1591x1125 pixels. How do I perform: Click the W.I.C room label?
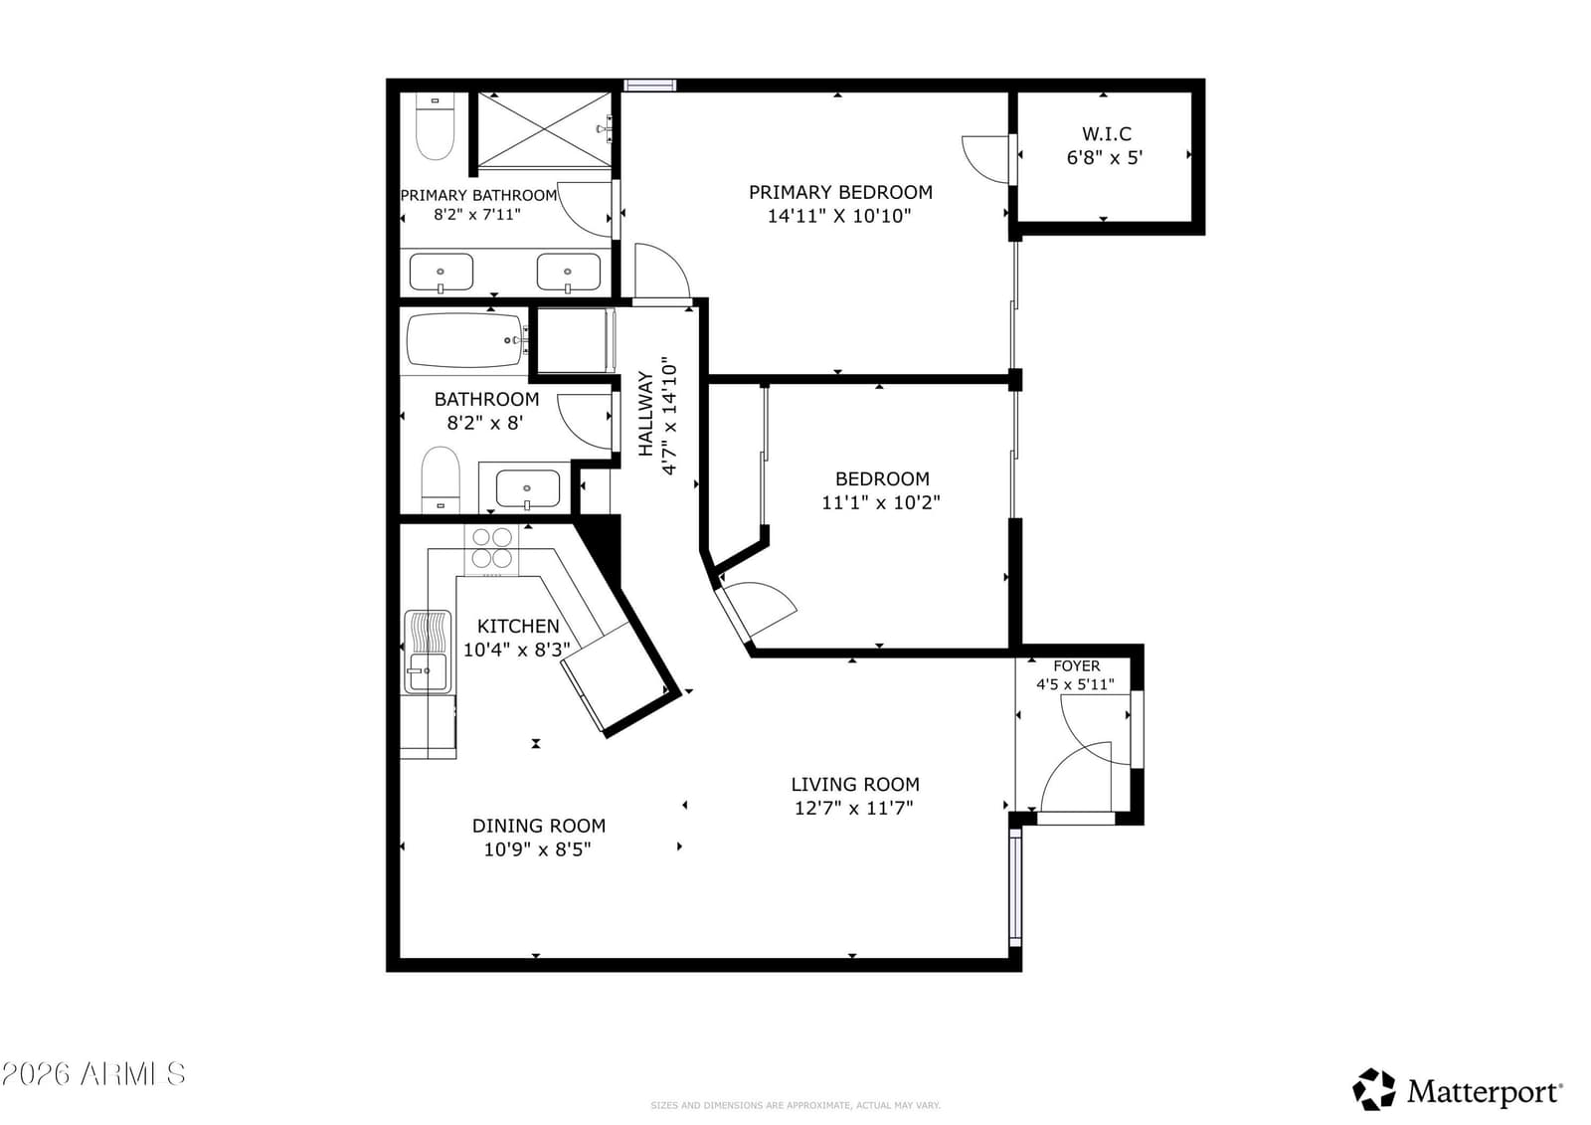[x=1106, y=133]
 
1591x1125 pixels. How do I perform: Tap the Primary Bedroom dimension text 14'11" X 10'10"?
[x=839, y=216]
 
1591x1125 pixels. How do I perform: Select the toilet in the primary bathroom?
[x=435, y=127]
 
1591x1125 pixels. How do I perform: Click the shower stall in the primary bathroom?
[x=544, y=130]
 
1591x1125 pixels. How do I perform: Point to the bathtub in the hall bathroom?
[x=467, y=340]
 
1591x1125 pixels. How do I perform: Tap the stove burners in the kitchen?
[x=491, y=548]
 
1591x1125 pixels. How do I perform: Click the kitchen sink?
[x=427, y=651]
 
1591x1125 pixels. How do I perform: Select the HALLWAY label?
[x=645, y=414]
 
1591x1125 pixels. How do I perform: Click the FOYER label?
[x=1076, y=665]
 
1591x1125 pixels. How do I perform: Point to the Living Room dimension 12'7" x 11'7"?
[x=854, y=808]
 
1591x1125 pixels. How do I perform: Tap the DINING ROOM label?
[x=538, y=826]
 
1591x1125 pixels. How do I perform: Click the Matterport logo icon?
[x=1373, y=1089]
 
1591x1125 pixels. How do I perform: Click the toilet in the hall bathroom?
[x=441, y=479]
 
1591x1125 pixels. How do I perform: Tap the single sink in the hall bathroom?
[x=527, y=489]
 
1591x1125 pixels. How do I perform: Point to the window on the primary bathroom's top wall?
[x=650, y=86]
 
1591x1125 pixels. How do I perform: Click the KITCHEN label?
[x=518, y=626]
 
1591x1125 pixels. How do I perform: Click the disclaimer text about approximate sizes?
[x=795, y=1105]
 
